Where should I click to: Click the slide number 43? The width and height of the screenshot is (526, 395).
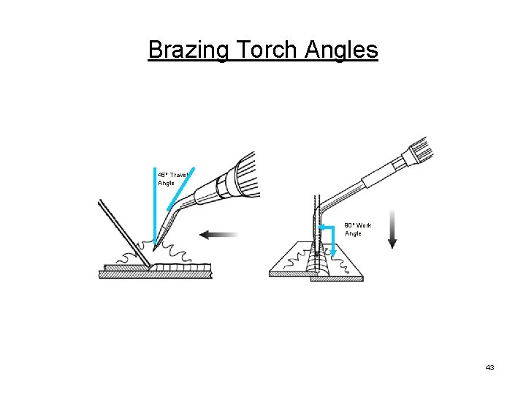pos(489,367)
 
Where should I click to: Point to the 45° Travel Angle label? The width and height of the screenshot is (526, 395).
pos(172,178)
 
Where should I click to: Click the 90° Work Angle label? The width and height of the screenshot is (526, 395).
pos(358,229)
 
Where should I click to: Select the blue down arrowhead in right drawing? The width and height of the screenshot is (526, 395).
pos(333,252)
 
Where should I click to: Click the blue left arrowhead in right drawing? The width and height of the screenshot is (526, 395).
pos(321,227)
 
